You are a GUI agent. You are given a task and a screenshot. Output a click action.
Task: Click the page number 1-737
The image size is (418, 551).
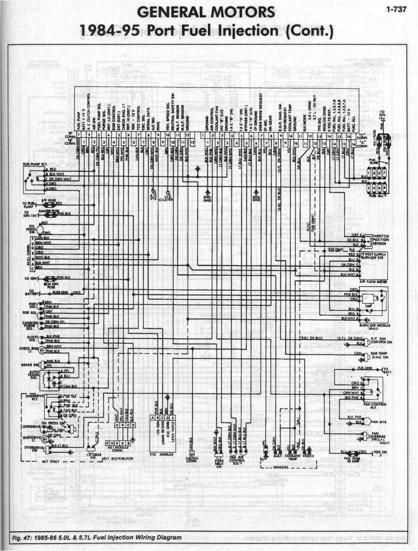point(396,10)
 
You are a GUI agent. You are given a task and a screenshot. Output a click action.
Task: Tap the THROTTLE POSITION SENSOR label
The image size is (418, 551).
point(380,239)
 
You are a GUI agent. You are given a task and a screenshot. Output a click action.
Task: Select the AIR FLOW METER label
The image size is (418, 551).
point(373,281)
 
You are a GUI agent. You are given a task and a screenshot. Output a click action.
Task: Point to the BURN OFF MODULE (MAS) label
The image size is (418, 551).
point(375,327)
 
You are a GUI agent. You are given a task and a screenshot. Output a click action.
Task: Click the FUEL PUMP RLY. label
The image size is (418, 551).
point(33,164)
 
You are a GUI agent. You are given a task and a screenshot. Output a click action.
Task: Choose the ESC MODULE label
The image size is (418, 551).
point(161,454)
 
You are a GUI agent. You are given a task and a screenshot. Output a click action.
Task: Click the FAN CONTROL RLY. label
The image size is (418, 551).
point(375,406)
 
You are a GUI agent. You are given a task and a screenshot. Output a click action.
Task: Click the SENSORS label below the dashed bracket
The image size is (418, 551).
point(281,467)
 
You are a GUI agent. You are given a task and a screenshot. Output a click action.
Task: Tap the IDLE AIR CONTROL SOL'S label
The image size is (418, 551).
point(237,460)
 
